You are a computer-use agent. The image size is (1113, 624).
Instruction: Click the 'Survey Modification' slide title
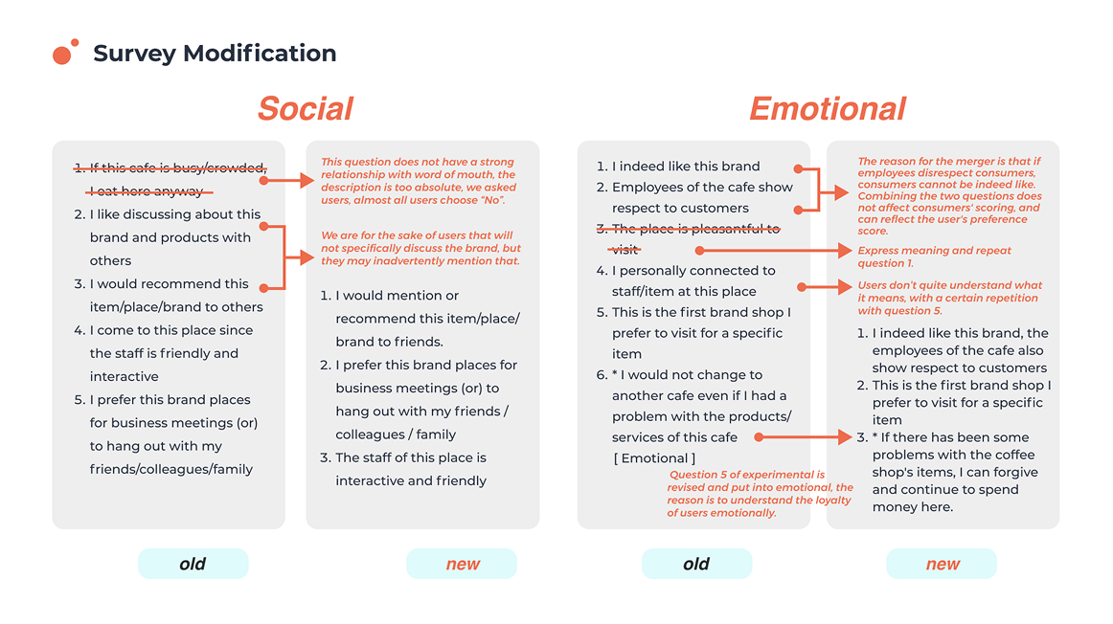[x=215, y=54]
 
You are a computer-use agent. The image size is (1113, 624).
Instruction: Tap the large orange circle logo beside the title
[x=62, y=56]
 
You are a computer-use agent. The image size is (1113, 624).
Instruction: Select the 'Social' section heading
[x=305, y=109]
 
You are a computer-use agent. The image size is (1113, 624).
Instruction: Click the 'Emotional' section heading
[x=827, y=109]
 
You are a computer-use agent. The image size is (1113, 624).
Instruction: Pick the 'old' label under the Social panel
[x=193, y=564]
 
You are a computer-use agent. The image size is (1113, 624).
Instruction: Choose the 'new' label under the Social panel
[x=463, y=564]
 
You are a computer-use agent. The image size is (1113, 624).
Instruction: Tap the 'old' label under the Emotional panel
[x=696, y=564]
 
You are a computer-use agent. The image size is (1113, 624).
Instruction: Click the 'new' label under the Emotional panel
[x=943, y=564]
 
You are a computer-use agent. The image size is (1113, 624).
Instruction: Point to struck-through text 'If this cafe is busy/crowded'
[x=178, y=168]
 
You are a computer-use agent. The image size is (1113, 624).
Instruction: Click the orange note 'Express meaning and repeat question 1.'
[x=934, y=256]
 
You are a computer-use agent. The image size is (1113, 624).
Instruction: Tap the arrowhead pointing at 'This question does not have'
[x=308, y=180]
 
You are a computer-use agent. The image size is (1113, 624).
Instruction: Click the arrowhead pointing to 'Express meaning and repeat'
[x=846, y=251]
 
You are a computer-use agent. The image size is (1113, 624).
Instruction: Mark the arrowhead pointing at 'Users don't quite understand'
[x=846, y=286]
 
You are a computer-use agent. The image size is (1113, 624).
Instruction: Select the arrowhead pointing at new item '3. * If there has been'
[x=846, y=437]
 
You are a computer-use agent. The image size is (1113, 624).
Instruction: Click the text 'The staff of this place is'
[x=411, y=457]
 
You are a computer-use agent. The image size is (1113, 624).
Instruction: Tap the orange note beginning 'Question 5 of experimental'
[x=760, y=494]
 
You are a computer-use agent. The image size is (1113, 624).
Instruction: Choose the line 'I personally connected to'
[x=693, y=271]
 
